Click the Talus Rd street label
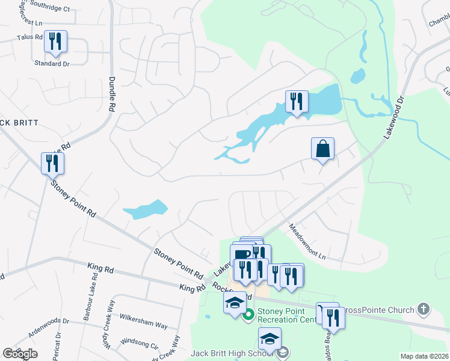coord(30,37)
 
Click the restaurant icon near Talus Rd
coord(55,42)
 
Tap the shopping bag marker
coord(322,149)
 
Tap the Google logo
coord(20,354)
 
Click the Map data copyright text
coord(424,356)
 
